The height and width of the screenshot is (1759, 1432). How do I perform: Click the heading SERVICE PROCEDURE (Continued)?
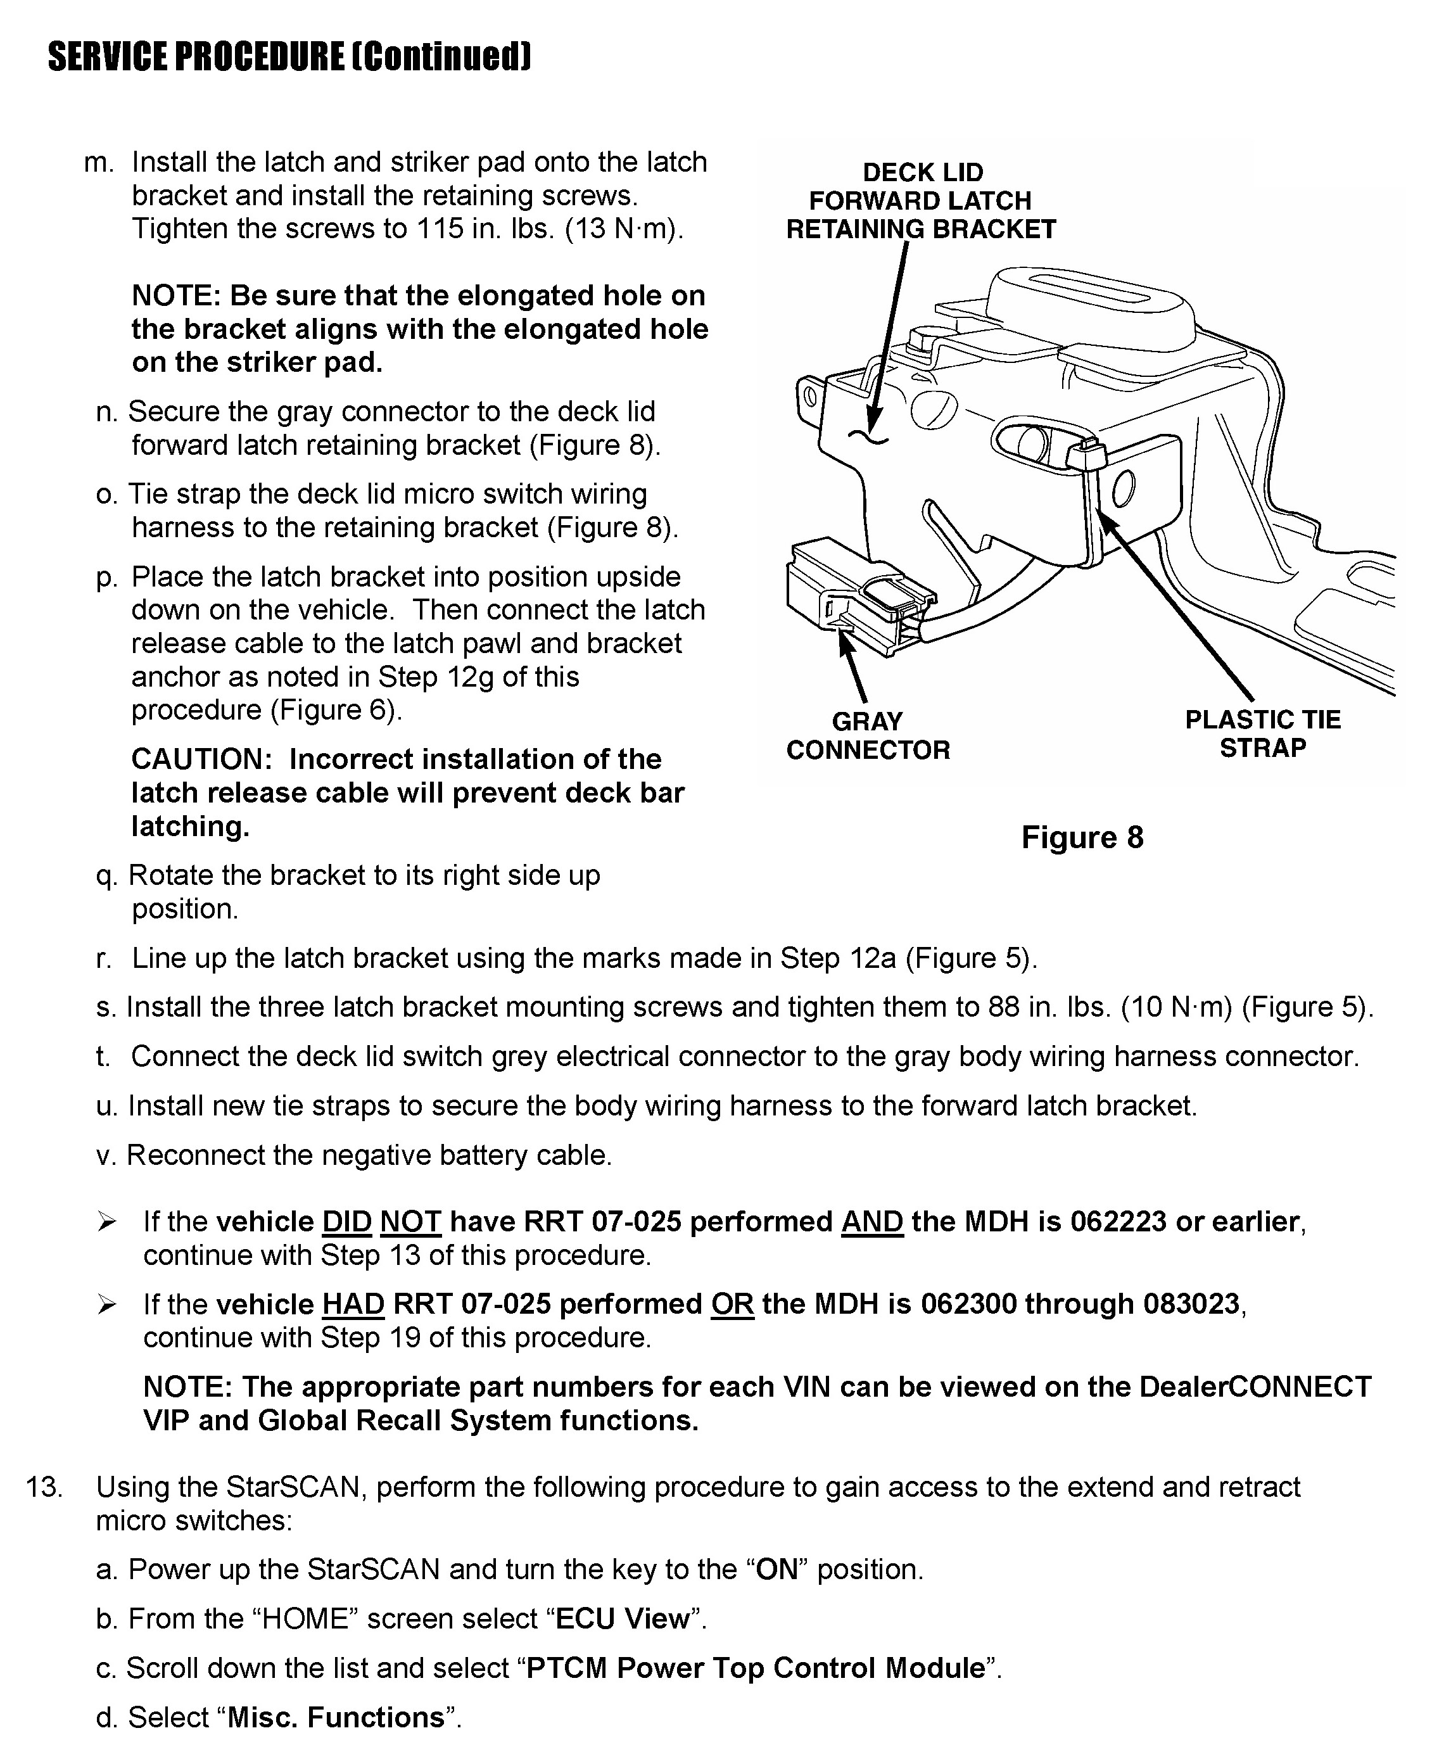click(289, 57)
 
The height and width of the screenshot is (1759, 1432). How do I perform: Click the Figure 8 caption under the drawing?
click(1082, 837)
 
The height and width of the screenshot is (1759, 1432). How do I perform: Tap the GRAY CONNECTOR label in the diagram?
click(868, 736)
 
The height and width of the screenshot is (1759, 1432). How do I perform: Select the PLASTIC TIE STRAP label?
click(1262, 733)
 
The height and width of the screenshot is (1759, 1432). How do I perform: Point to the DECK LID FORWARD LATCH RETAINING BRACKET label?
click(921, 201)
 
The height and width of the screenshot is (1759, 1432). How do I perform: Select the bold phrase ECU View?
click(623, 1619)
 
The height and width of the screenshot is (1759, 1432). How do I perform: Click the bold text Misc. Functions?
click(336, 1718)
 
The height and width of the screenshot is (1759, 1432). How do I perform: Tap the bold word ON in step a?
click(777, 1569)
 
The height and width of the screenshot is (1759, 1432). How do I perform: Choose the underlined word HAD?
click(352, 1304)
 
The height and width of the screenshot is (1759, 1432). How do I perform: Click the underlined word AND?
click(872, 1222)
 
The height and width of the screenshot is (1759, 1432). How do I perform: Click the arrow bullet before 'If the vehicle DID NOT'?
click(107, 1222)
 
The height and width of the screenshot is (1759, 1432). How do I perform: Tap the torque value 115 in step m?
click(440, 229)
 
